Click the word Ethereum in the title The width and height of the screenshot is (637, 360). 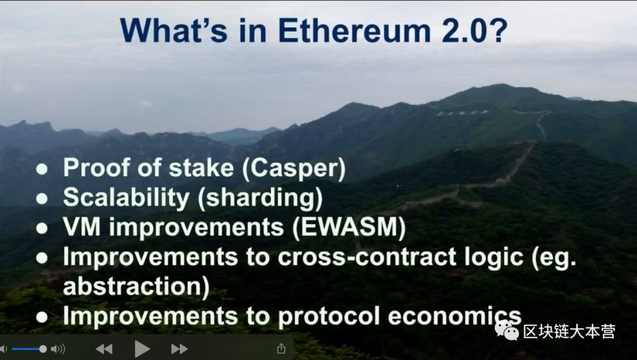tap(354, 31)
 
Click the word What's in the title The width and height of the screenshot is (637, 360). tap(174, 31)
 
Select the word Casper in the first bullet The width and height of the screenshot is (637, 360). tap(293, 168)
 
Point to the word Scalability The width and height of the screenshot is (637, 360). tap(126, 198)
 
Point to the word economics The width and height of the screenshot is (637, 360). tap(454, 316)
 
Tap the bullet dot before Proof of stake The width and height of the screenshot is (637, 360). tap(42, 169)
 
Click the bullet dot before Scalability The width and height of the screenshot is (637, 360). tap(42, 199)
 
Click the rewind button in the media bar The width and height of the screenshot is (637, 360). tap(104, 349)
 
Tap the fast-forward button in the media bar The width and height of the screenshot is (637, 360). tap(179, 349)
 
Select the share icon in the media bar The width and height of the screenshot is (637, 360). tap(281, 348)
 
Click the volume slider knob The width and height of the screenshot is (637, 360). tap(42, 349)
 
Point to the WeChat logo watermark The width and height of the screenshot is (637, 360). tap(507, 330)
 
